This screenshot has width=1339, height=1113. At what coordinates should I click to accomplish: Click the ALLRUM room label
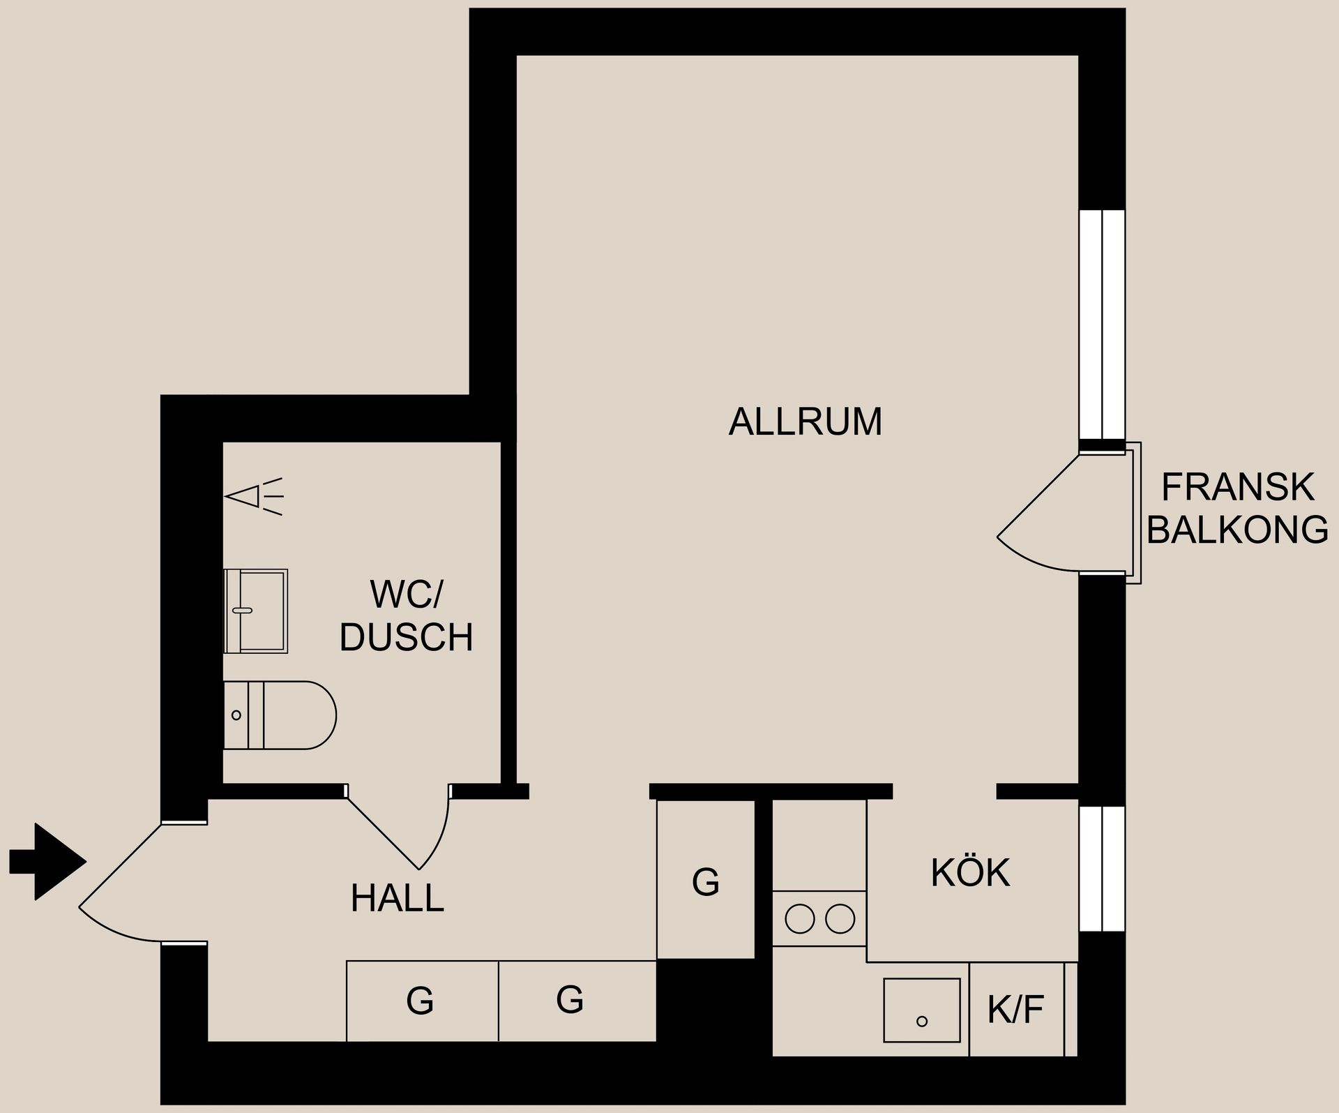[805, 422]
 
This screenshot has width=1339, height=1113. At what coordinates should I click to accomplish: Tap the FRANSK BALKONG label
[1236, 508]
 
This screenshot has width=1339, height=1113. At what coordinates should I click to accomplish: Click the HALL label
[398, 898]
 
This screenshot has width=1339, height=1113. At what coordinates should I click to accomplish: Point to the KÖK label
[970, 873]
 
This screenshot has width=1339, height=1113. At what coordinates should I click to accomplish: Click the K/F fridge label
[1015, 1009]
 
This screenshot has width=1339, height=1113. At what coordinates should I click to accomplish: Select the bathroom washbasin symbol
[255, 611]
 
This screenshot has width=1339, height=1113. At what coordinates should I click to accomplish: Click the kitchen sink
[921, 1010]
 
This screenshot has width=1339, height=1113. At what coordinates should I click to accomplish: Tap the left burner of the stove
[800, 918]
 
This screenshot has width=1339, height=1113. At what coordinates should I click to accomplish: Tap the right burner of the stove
[840, 918]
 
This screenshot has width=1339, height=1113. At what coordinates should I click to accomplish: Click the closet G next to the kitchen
[706, 881]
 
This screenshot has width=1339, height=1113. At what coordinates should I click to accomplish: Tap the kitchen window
[1102, 869]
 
